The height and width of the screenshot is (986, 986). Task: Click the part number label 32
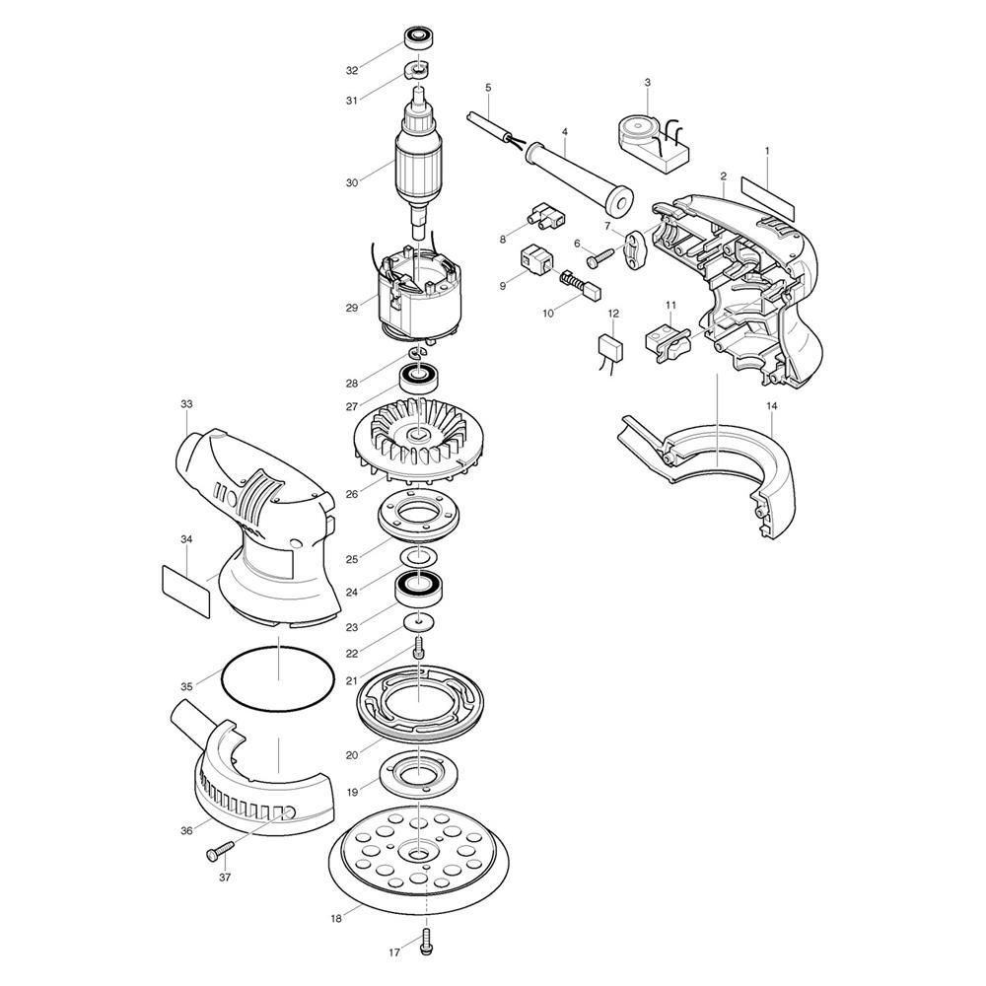click(x=352, y=70)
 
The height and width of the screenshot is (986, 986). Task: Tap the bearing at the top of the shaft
click(x=417, y=39)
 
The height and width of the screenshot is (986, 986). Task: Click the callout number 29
click(x=352, y=308)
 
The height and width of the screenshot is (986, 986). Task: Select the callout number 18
click(x=336, y=919)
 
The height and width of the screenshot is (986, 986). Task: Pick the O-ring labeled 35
click(x=278, y=679)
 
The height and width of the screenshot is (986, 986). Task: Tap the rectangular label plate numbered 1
click(x=768, y=198)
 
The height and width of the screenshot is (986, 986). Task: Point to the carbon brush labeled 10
click(x=581, y=285)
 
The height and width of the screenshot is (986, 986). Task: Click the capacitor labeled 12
click(x=612, y=348)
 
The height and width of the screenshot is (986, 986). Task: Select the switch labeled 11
click(x=669, y=341)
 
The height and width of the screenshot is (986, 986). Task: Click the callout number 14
click(x=772, y=406)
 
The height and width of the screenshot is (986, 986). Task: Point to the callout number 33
click(x=186, y=404)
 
